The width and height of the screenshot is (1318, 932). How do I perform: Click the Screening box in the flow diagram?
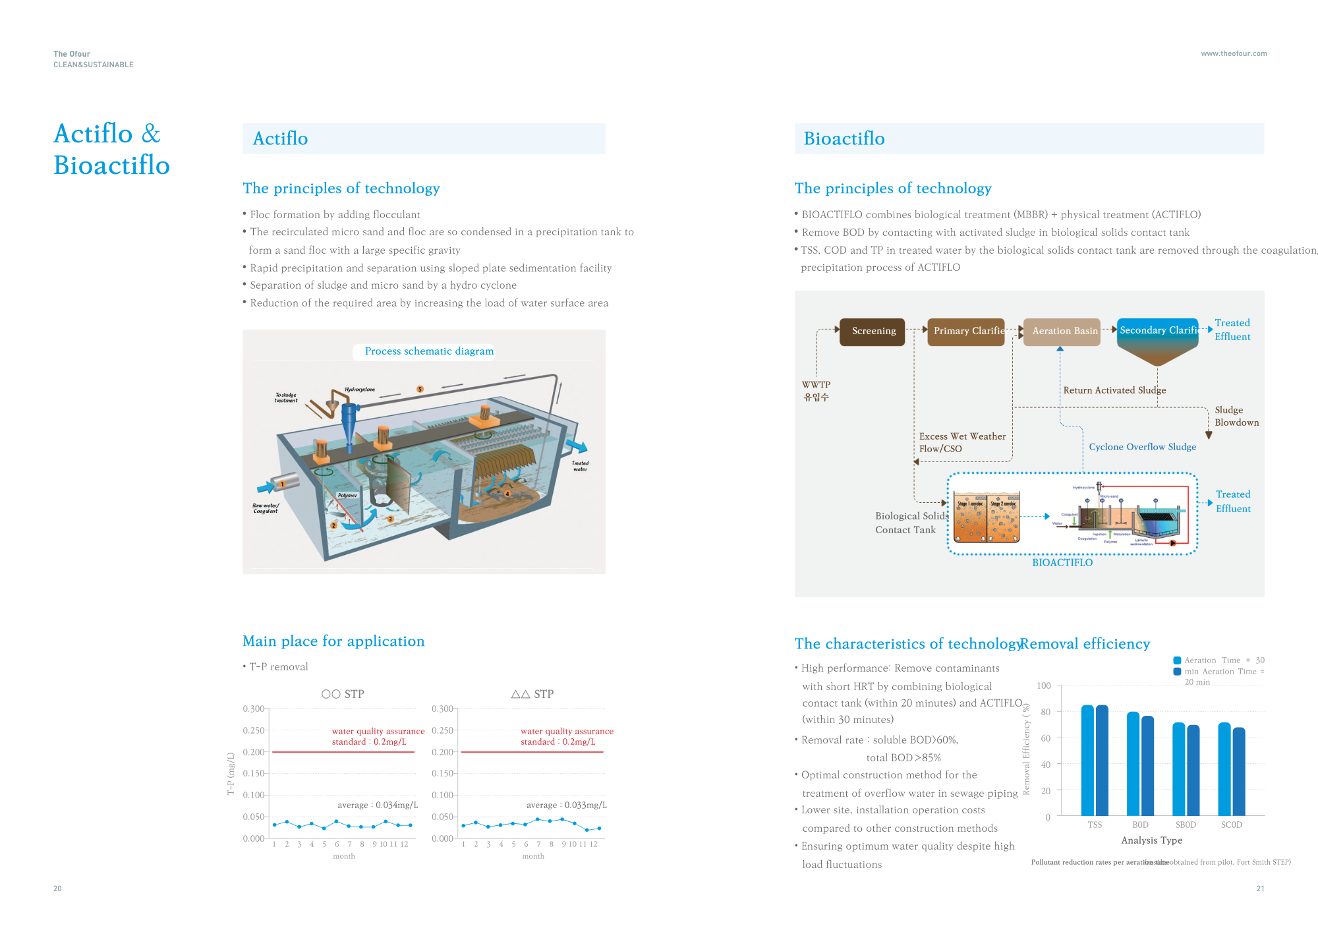873,331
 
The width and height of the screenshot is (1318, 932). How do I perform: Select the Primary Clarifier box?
966,331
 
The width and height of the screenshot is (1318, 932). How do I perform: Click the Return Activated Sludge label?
1114,390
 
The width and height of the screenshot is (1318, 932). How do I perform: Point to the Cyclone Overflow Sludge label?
1142,447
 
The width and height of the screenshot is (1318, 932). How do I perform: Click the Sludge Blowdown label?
1236,416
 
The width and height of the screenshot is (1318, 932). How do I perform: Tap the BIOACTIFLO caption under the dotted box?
1062,562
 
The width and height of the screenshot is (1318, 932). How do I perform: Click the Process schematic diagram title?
429,351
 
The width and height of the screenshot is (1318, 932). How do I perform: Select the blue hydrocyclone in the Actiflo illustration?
349,422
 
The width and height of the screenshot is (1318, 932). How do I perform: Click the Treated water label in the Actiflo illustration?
580,466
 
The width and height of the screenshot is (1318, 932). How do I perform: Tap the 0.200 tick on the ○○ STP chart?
254,752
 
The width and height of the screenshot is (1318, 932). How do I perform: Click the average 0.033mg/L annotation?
566,805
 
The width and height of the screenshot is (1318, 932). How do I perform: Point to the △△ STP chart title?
532,694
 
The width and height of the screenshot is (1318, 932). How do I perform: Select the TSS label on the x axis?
1095,825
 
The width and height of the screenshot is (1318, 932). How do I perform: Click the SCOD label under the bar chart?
1231,825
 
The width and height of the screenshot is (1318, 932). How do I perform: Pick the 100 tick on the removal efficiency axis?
1044,685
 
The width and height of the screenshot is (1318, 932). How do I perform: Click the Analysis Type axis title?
1151,840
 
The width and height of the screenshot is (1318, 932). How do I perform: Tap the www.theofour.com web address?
1234,54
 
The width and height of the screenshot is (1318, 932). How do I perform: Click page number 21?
1260,888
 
